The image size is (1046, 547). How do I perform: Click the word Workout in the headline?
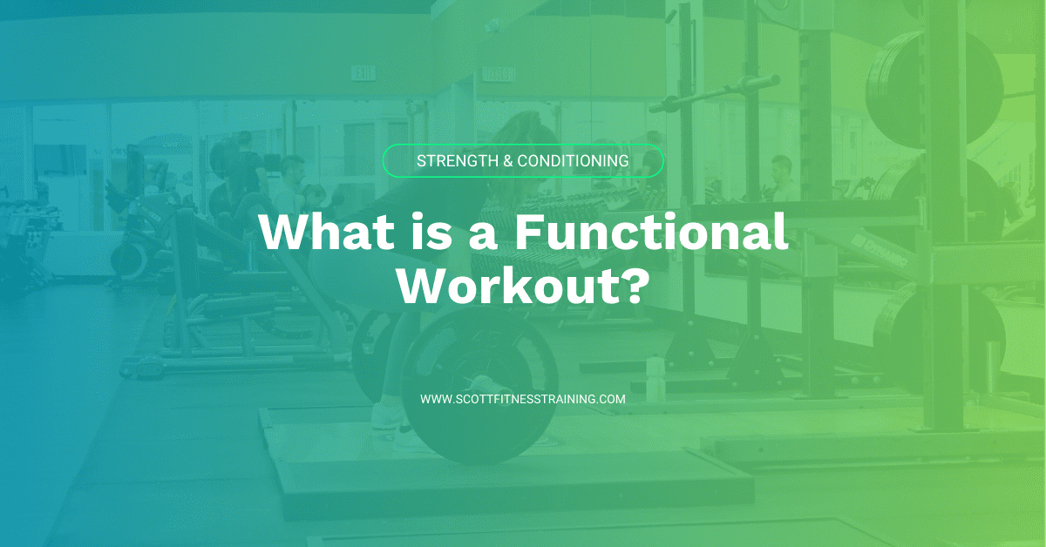click(509, 285)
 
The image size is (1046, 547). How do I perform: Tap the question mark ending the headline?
click(635, 285)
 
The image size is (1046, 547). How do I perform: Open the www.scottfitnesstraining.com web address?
click(523, 399)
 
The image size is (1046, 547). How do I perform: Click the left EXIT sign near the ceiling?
click(362, 73)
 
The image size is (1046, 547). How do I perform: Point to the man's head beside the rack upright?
click(781, 165)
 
